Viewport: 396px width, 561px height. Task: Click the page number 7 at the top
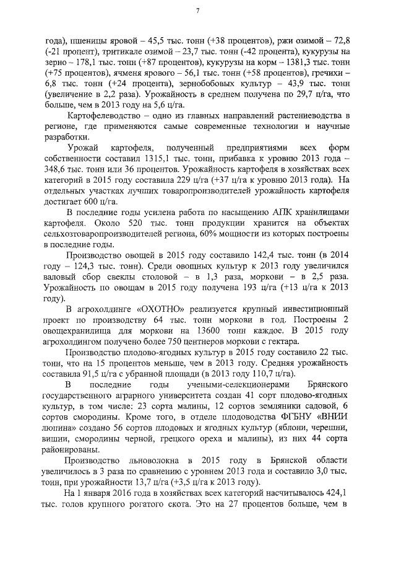tap(197, 11)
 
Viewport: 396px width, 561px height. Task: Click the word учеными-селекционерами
tap(225, 384)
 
